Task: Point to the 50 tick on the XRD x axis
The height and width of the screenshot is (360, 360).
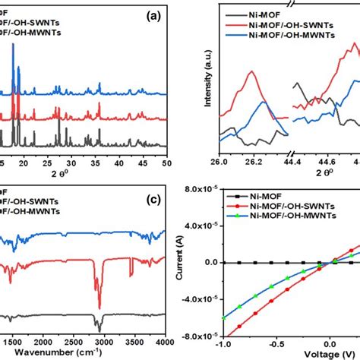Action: coord(166,162)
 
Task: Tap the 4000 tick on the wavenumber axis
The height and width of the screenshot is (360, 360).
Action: coord(166,339)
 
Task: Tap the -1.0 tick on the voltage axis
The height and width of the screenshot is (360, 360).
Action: coord(244,343)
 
